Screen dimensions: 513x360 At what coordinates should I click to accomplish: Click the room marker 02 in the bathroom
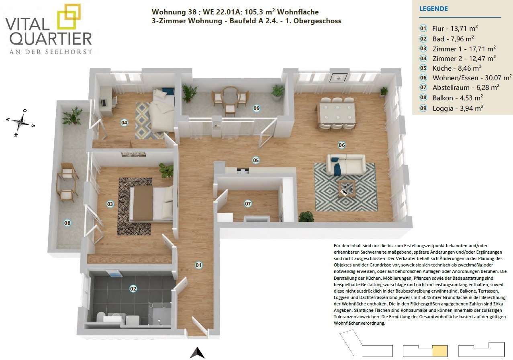(133, 289)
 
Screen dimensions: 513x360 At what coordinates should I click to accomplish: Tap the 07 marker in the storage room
(248, 203)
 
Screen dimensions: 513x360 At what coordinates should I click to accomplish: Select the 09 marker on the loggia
(256, 108)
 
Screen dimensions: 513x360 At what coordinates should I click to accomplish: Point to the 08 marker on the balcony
(67, 223)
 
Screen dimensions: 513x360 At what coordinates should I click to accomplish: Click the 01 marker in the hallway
(198, 265)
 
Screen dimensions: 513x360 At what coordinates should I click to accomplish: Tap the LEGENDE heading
(433, 9)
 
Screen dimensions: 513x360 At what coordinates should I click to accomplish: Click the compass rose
(21, 122)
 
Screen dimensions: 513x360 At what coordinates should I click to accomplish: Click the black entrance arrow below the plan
(197, 353)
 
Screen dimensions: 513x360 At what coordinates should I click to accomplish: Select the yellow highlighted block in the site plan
(440, 351)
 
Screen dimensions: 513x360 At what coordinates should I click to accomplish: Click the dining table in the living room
(337, 113)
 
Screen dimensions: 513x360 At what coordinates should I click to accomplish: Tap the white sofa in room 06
(346, 164)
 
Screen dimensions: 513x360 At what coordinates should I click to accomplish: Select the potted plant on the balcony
(72, 116)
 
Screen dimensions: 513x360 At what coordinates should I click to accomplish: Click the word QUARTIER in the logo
(51, 39)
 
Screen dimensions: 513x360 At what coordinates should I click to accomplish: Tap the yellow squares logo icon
(69, 16)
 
